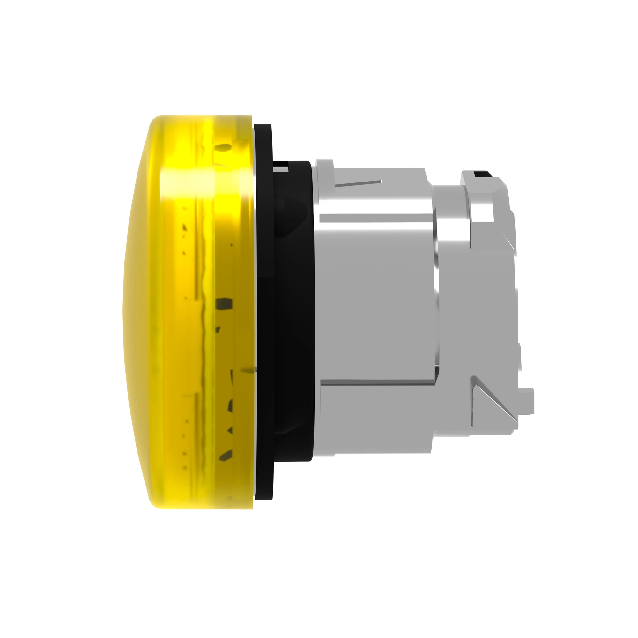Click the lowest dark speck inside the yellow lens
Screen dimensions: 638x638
pyautogui.click(x=226, y=455)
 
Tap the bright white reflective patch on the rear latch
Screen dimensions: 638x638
pyautogui.click(x=482, y=211)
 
